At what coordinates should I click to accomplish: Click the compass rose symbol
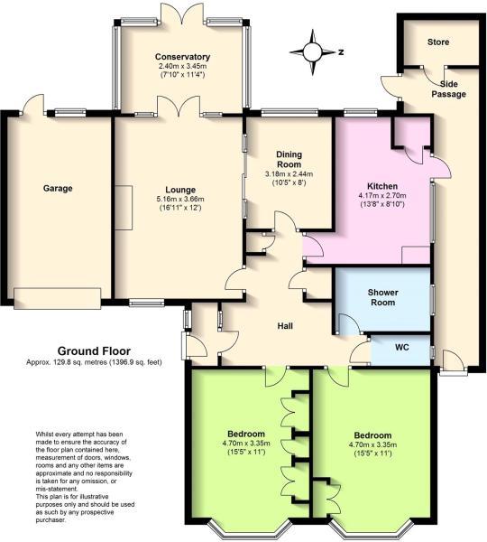tap(314, 51)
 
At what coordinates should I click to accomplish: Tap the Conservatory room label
tap(181, 57)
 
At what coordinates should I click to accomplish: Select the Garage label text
tap(57, 188)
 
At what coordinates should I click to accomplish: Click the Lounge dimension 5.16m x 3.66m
tap(180, 199)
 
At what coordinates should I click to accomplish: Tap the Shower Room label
tap(382, 297)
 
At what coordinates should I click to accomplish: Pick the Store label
tap(438, 41)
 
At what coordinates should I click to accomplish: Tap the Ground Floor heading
tap(94, 350)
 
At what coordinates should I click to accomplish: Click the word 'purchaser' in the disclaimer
tap(51, 521)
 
